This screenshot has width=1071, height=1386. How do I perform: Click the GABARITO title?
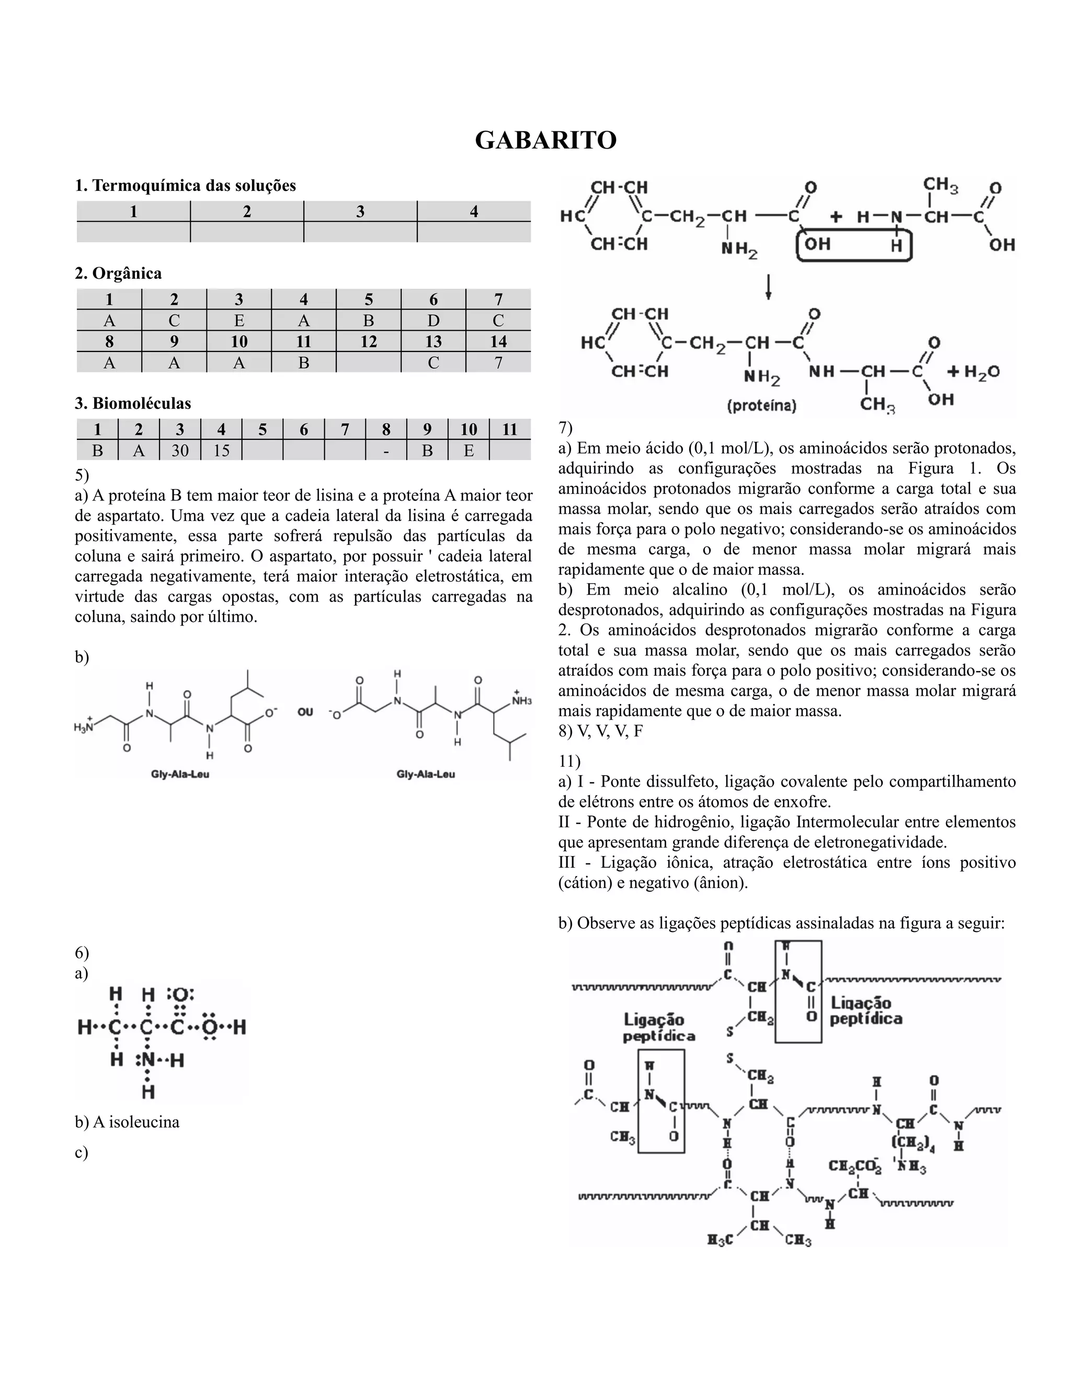545,140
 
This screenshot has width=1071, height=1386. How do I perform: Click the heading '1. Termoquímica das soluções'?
185,186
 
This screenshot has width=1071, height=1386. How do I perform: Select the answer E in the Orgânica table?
239,321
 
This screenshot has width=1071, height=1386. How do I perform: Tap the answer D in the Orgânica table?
434,321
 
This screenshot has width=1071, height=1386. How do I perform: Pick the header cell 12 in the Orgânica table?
369,342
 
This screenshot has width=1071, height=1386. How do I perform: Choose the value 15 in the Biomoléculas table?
221,450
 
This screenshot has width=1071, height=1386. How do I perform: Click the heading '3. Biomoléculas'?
133,404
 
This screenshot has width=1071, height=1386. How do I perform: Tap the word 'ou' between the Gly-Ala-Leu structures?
305,712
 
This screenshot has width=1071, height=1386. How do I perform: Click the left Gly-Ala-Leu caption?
180,774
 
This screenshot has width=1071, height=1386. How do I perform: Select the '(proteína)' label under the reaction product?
761,405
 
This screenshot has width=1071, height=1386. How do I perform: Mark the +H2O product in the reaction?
973,372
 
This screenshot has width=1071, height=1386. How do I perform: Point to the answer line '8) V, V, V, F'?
600,731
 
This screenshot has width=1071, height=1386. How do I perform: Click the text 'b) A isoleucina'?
127,1122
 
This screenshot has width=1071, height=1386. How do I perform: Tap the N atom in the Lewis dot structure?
148,1061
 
